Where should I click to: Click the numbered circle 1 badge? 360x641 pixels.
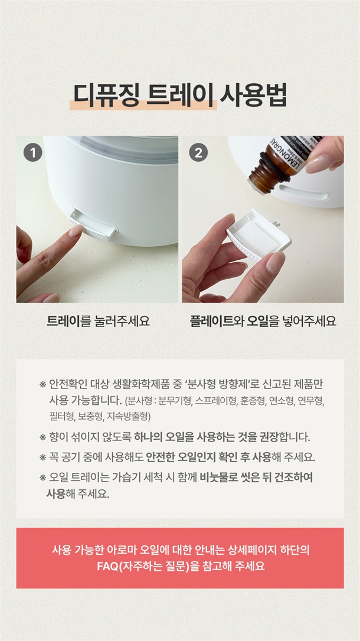click(x=33, y=153)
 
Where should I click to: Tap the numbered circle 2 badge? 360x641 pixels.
click(x=199, y=153)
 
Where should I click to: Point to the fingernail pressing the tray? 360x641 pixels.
click(x=76, y=231)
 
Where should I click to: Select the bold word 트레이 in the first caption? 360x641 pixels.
click(x=64, y=321)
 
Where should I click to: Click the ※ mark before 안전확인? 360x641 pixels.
click(x=42, y=385)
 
